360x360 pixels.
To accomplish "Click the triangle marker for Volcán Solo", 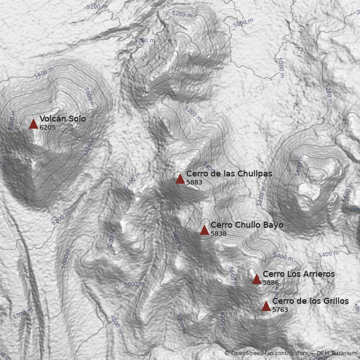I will (33, 124).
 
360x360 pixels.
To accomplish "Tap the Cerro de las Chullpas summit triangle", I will (180, 179).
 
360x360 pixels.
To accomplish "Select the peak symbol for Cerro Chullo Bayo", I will (204, 230).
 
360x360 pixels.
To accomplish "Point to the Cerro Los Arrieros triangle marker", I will (256, 279).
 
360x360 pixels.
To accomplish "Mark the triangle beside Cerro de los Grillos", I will (266, 306).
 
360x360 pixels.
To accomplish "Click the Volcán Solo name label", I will (63, 119).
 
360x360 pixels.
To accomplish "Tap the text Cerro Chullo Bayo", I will (247, 225).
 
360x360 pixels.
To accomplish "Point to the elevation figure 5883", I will (194, 183).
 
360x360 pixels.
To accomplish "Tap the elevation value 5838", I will (219, 234).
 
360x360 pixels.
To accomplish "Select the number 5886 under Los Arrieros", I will (271, 283).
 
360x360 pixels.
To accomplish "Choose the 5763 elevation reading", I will (280, 310).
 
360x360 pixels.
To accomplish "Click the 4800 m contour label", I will (116, 324).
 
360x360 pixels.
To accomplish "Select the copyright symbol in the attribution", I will (227, 354).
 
